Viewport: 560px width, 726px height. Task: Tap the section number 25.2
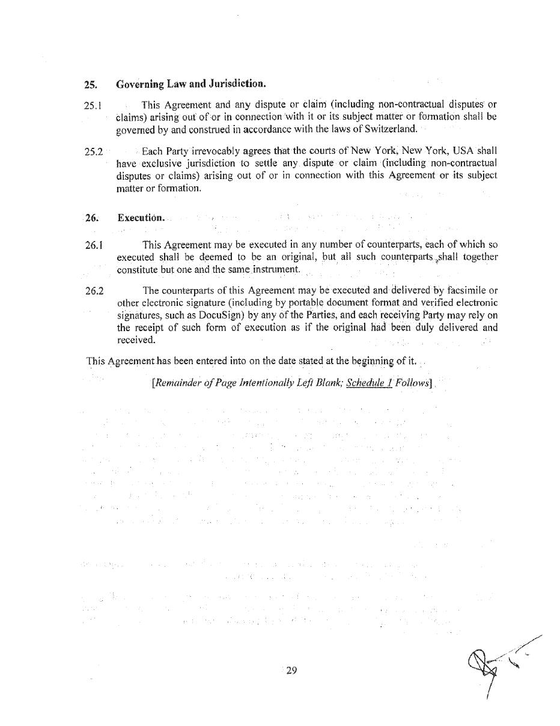coord(93,151)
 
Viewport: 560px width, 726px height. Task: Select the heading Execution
coord(141,218)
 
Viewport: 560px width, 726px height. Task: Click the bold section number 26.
coord(91,218)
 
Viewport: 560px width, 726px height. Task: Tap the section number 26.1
coord(93,245)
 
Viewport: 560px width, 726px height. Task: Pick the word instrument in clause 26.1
coord(276,269)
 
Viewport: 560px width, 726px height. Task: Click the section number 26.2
coord(94,291)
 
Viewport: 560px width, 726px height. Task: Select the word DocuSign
coord(222,315)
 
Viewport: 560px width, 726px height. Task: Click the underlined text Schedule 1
coord(370,382)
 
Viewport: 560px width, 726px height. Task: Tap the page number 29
coord(291,671)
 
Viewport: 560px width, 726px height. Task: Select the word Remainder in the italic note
coord(180,382)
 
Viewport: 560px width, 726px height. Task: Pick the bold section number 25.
coord(91,84)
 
